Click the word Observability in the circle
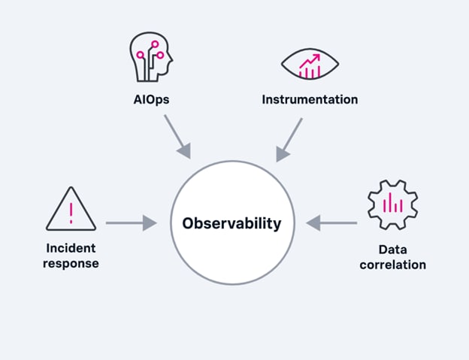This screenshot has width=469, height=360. coord(231,224)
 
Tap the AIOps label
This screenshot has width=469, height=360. coord(151,99)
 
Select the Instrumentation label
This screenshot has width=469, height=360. coord(310,99)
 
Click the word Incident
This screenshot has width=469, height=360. coord(71,248)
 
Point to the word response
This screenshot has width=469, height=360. coord(71,264)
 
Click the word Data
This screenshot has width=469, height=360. coord(393,250)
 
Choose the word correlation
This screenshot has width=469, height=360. coord(393,265)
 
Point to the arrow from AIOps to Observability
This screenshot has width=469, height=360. coord(177,137)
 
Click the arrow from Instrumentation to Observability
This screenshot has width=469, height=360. coord(289,140)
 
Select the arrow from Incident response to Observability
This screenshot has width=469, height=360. coord(131,223)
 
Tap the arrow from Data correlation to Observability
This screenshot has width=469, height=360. coord(331,223)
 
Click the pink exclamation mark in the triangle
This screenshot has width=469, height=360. coord(71,213)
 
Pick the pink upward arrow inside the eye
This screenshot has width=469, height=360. coord(310,61)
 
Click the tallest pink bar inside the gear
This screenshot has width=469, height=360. coord(390,202)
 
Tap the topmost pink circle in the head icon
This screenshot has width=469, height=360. coord(155,44)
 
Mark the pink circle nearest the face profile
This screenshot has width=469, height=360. coord(160,55)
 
